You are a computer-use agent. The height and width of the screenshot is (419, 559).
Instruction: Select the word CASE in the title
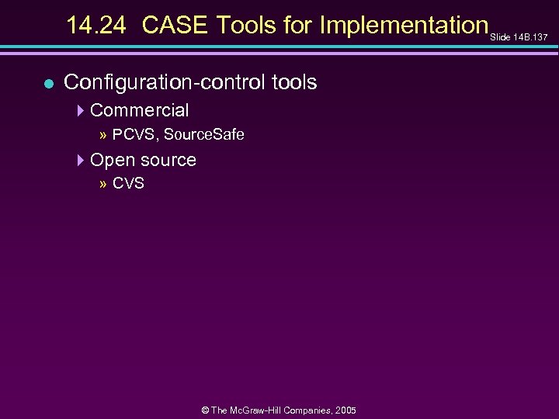[x=176, y=26]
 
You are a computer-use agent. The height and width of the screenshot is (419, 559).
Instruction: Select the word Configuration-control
[x=159, y=82]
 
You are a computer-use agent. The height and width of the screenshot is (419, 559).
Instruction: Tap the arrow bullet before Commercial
[x=82, y=110]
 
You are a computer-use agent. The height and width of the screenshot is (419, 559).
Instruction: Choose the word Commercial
[x=140, y=110]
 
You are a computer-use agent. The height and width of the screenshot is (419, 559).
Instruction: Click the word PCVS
[x=134, y=135]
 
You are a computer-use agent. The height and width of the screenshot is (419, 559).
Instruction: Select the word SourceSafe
[x=204, y=135]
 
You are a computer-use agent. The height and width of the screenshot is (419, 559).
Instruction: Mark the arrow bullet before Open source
[x=82, y=160]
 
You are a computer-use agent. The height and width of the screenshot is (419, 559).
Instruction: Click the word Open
[x=111, y=161]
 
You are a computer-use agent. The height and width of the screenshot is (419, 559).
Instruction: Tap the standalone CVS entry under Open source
[x=128, y=185]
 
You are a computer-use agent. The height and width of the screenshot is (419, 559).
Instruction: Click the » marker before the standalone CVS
[x=103, y=185]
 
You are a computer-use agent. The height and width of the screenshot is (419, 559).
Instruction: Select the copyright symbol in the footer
[x=205, y=410]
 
